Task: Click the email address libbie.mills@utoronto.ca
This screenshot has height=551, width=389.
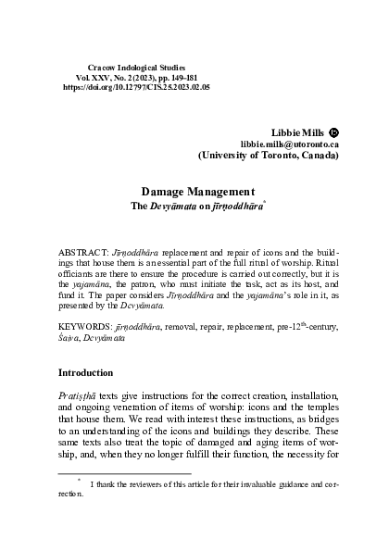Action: click(289, 145)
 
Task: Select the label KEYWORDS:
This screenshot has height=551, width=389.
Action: click(84, 328)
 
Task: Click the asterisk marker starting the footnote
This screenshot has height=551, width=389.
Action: click(80, 481)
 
